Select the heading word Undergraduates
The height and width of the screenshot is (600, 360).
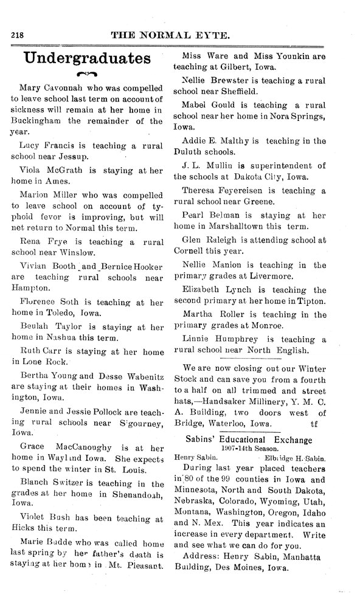tap(86, 58)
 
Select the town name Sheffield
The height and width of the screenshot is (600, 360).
tap(243, 91)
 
